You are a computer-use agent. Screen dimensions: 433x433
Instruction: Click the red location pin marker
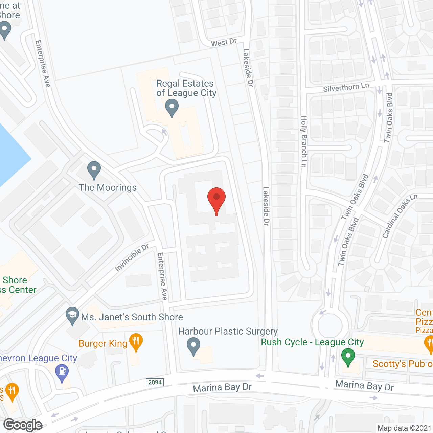(216, 198)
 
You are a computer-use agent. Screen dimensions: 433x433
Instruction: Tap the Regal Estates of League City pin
(172, 108)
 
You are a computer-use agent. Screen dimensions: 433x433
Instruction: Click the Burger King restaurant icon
(136, 341)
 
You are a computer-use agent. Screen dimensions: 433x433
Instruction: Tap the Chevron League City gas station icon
(62, 371)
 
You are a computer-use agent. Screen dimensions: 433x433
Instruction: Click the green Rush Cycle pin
(348, 357)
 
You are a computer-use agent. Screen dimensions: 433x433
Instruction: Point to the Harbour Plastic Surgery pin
(193, 345)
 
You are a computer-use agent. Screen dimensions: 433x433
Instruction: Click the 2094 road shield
(155, 382)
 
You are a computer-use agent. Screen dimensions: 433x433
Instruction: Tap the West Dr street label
(224, 42)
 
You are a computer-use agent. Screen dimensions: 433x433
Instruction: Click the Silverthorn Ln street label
(346, 87)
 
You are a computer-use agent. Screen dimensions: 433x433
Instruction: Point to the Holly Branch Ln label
(304, 141)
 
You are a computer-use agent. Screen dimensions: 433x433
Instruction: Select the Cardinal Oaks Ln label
(400, 216)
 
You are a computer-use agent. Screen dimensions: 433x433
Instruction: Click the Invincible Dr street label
(132, 258)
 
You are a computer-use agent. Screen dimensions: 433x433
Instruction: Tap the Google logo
(23, 425)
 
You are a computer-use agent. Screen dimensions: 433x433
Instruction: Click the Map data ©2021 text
(404, 428)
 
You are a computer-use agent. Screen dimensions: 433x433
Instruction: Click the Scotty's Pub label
(403, 364)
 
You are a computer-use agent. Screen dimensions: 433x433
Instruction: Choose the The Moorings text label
(108, 188)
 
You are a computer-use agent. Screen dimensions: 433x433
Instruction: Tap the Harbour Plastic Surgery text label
(228, 332)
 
